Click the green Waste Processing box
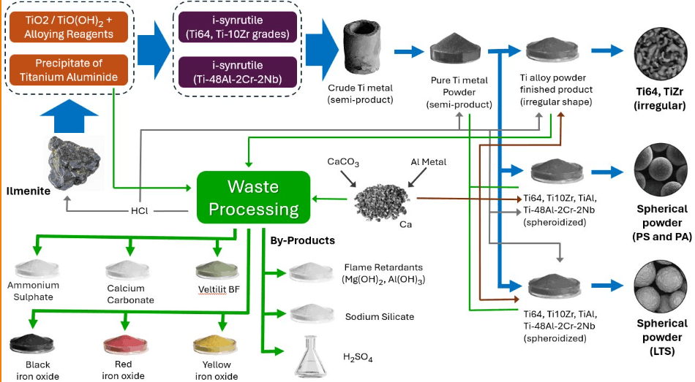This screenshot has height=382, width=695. pyautogui.click(x=254, y=197)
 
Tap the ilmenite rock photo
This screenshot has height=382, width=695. pyautogui.click(x=74, y=163)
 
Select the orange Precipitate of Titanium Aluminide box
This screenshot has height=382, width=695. pyautogui.click(x=69, y=70)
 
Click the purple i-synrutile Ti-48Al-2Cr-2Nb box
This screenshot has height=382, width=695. pyautogui.click(x=238, y=72)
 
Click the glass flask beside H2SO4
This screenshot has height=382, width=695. pyautogui.click(x=311, y=356)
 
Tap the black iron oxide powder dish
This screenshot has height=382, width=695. pyautogui.click(x=31, y=344)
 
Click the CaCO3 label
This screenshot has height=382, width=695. pyautogui.click(x=343, y=162)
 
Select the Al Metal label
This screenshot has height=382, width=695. pyautogui.click(x=428, y=162)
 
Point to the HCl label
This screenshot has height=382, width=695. pyautogui.click(x=140, y=211)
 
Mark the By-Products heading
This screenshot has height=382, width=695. pyautogui.click(x=303, y=240)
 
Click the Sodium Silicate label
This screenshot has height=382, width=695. pyautogui.click(x=380, y=316)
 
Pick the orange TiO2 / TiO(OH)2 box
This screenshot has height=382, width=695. pyautogui.click(x=69, y=27)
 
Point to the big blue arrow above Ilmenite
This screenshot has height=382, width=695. pyautogui.click(x=69, y=116)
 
